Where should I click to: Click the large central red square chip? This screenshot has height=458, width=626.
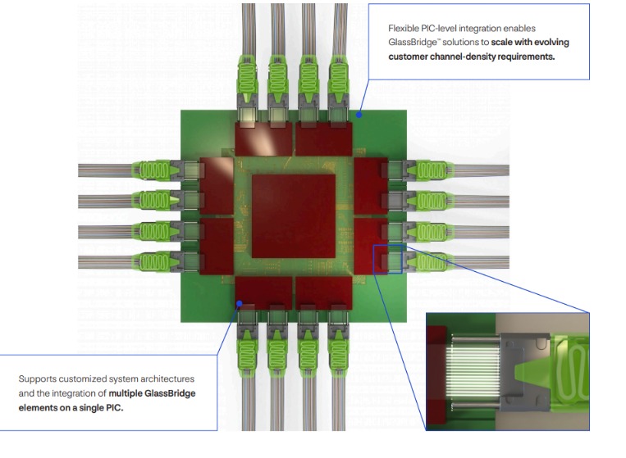pyautogui.click(x=294, y=216)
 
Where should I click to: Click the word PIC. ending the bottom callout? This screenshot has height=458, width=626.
pyautogui.click(x=115, y=408)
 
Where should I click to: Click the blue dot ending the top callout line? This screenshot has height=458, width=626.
pyautogui.click(x=359, y=115)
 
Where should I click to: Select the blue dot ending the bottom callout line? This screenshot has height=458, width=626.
pyautogui.click(x=239, y=304)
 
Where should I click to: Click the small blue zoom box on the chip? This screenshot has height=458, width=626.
pyautogui.click(x=387, y=260)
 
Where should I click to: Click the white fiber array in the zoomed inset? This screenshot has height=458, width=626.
pyautogui.click(x=475, y=371)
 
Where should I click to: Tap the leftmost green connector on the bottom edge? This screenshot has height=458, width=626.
pyautogui.click(x=248, y=353)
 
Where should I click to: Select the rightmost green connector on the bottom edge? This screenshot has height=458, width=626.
pyautogui.click(x=338, y=353)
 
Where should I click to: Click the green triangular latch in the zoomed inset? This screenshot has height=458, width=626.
pyautogui.click(x=531, y=372)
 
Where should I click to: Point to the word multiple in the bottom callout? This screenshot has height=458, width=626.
pyautogui.click(x=126, y=393)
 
